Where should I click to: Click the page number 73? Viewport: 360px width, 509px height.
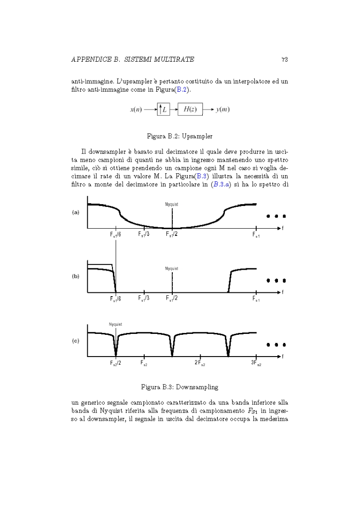[x=284, y=59]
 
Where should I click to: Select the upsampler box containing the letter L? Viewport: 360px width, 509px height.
[x=163, y=110]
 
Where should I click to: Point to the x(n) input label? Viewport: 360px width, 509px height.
[x=138, y=110]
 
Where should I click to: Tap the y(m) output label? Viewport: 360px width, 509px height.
[x=222, y=110]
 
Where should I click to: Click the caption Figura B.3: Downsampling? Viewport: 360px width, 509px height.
[x=180, y=386]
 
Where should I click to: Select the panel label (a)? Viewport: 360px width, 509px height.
[x=76, y=212]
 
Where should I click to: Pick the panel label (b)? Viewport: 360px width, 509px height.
[x=76, y=277]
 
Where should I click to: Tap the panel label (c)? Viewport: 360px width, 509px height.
[x=76, y=341]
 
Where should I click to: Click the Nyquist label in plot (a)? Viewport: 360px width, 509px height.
[x=171, y=205]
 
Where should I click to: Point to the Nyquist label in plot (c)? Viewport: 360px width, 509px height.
[x=115, y=324]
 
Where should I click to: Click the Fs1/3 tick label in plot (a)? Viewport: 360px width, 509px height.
[x=144, y=234]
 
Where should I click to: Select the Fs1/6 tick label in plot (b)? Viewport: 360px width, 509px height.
[x=115, y=299]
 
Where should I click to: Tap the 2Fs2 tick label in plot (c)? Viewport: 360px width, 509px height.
[x=200, y=363]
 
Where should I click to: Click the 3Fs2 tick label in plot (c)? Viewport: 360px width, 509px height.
[x=256, y=363]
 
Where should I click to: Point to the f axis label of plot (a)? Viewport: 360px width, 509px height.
[x=282, y=228]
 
